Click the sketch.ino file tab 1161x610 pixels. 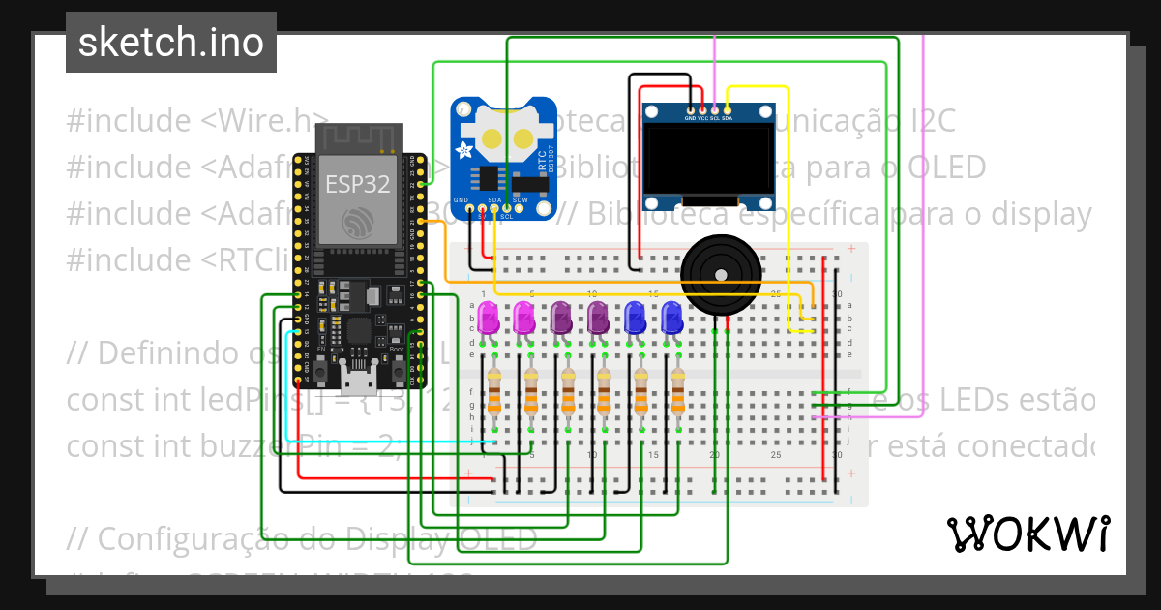[x=170, y=43]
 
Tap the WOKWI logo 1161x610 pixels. [x=1027, y=534]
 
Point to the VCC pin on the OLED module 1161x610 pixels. [x=702, y=108]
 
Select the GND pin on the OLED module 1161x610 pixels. [x=690, y=108]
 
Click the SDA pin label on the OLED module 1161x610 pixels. [x=727, y=117]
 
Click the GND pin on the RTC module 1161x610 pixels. [x=469, y=207]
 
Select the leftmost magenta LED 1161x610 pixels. [x=490, y=317]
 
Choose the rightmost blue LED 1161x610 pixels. [x=671, y=317]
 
